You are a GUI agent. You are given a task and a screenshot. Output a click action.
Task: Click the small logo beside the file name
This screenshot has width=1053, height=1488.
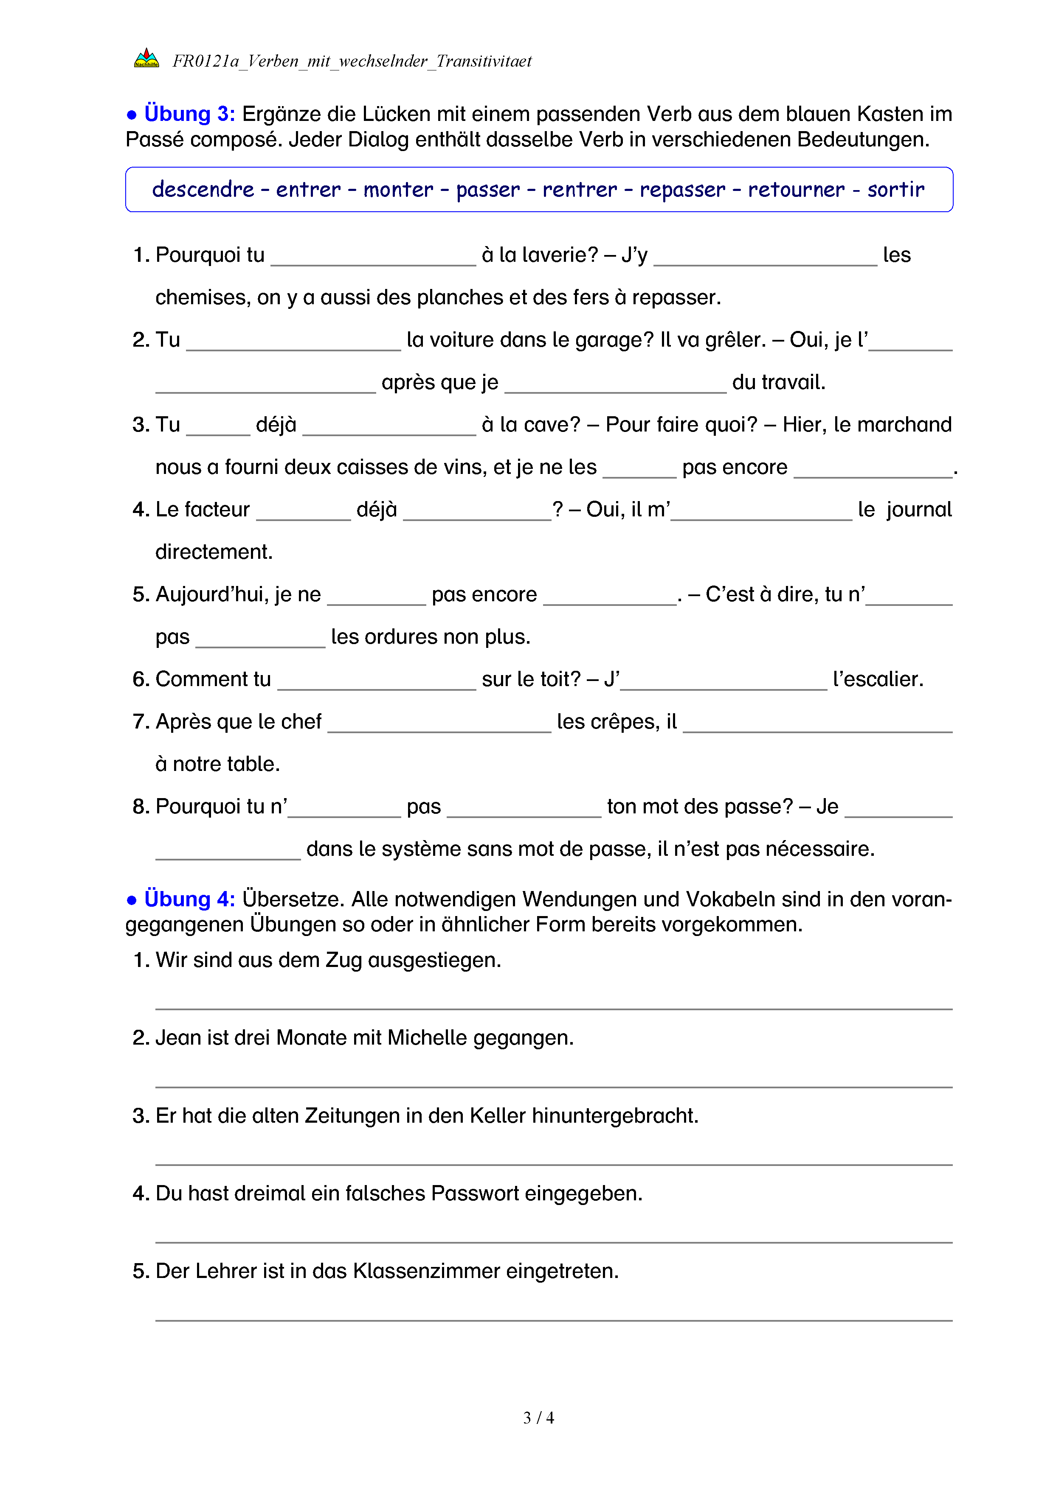point(146,59)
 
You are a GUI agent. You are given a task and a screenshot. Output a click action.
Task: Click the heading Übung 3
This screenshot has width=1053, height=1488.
point(189,114)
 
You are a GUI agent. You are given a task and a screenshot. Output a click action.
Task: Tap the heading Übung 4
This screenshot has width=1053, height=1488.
point(189,899)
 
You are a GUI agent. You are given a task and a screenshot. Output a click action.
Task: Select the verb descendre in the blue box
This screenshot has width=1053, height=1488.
point(203,189)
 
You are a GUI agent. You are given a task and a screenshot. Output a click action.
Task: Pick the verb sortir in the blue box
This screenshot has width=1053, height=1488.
point(895,189)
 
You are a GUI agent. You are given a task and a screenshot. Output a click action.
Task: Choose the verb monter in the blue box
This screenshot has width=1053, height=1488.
point(398,189)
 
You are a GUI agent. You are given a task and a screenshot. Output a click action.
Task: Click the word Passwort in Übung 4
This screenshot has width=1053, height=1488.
point(475,1194)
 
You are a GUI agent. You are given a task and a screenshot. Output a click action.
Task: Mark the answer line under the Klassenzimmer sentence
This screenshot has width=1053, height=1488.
point(554,1320)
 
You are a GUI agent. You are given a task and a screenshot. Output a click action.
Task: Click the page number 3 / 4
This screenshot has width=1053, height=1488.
point(538,1418)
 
